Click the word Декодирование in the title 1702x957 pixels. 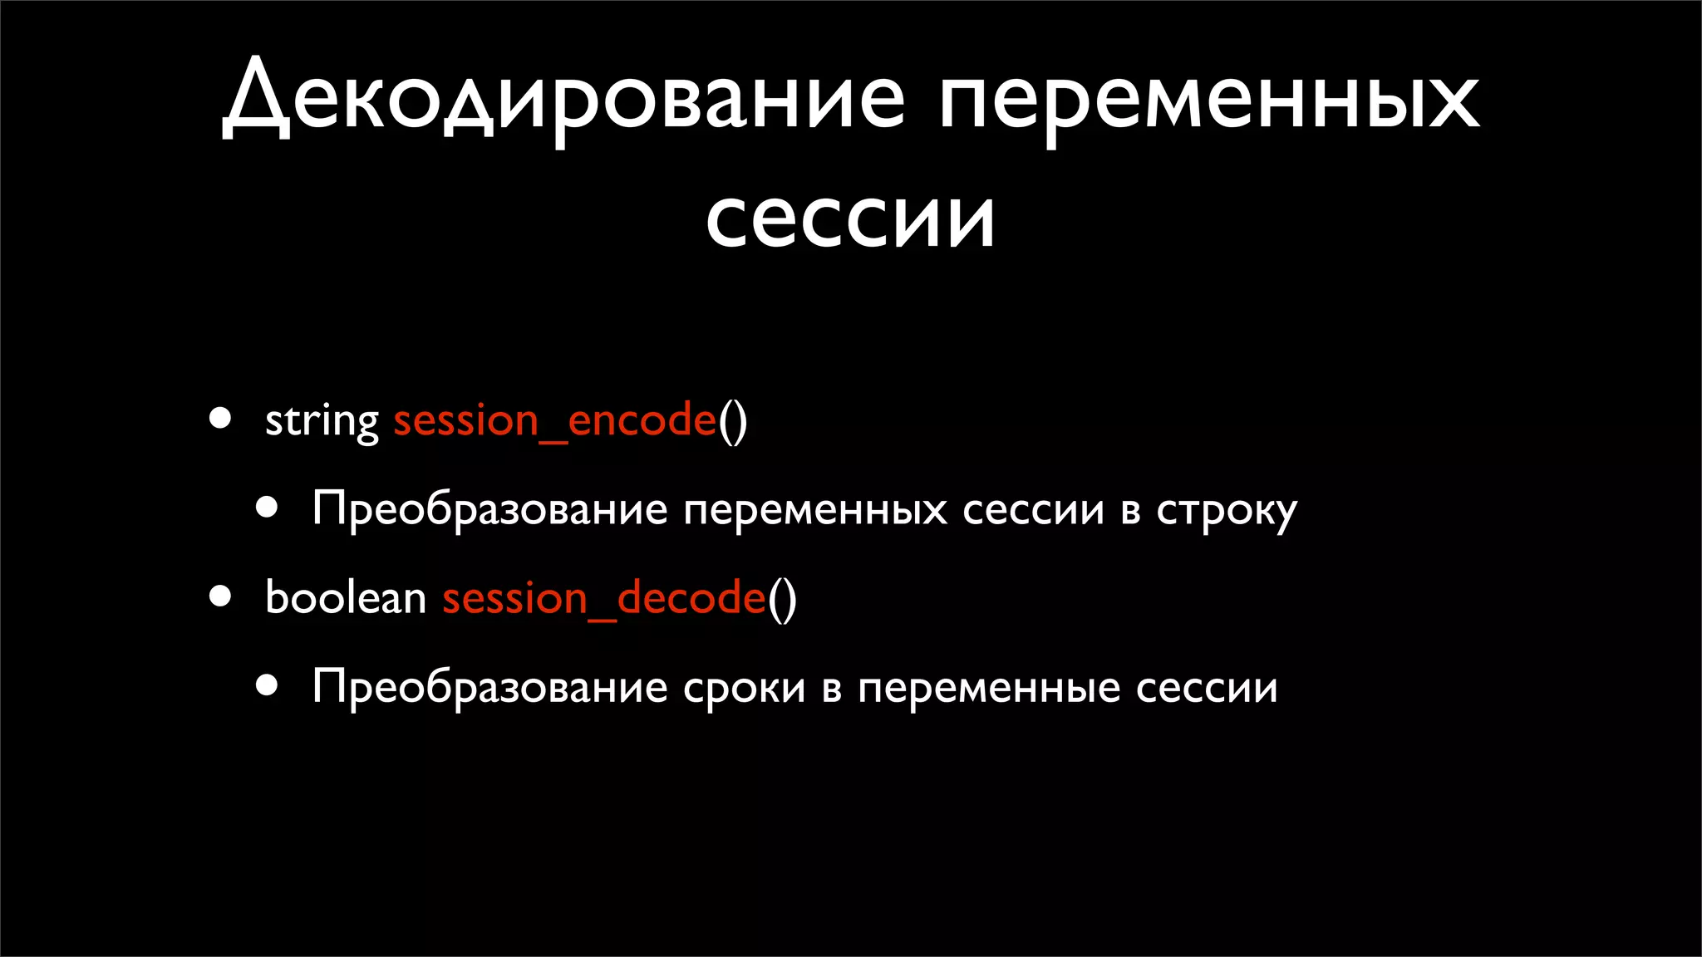click(x=564, y=101)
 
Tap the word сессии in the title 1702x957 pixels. click(x=850, y=218)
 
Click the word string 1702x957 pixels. click(x=322, y=420)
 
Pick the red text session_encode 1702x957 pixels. click(x=554, y=420)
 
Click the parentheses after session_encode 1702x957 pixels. click(x=733, y=420)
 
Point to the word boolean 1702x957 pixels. click(x=345, y=598)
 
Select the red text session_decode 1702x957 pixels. click(x=603, y=598)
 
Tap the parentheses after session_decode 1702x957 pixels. click(x=782, y=598)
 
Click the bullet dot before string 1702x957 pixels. click(x=220, y=418)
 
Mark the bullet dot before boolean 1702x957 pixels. click(x=220, y=596)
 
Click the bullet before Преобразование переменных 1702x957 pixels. click(x=267, y=507)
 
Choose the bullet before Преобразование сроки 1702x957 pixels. click(x=267, y=685)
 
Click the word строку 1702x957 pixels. click(x=1227, y=510)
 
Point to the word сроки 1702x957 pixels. click(x=744, y=689)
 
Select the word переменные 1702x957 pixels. click(x=989, y=689)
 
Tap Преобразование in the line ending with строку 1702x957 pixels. click(x=489, y=509)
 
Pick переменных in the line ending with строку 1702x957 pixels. click(x=814, y=509)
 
